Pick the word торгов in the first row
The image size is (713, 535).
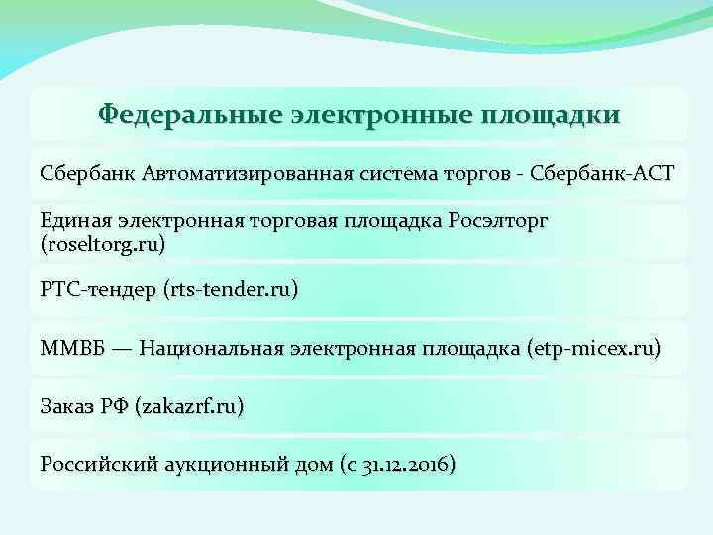pos(480,174)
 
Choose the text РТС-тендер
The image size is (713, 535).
pos(91,290)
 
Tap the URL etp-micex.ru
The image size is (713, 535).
pos(595,348)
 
